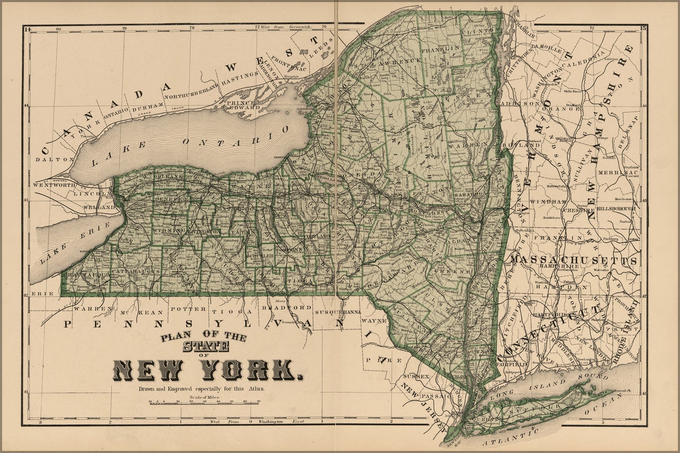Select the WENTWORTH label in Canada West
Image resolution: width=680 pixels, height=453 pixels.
pos(54,186)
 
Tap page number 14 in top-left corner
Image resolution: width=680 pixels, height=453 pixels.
pos(28,29)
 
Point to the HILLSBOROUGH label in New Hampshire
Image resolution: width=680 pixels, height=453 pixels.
pos(616,208)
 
